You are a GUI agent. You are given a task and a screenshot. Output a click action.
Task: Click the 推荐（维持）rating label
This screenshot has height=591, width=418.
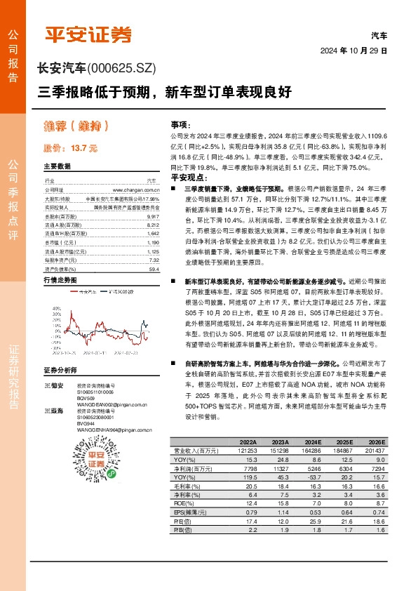75,126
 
